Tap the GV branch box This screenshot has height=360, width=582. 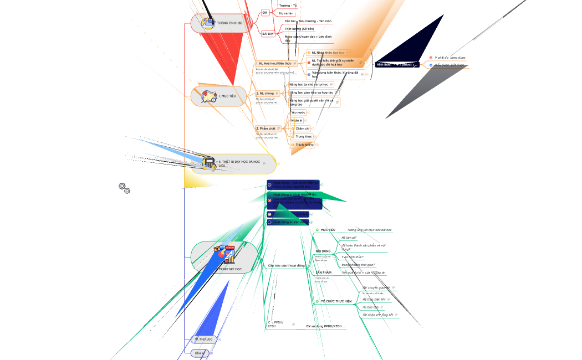264,12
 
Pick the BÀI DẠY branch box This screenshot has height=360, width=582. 268,34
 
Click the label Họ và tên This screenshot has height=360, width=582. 287,13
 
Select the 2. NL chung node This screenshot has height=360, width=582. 266,94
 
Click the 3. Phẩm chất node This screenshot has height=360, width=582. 266,128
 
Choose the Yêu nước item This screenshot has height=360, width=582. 298,112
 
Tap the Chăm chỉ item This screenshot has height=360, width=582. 303,128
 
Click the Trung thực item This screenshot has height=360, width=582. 304,136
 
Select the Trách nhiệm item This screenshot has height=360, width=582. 304,145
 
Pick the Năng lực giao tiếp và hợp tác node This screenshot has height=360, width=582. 312,92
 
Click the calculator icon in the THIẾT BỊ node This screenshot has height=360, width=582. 209,163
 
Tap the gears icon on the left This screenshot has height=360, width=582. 125,188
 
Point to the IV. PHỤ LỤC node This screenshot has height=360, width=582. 204,338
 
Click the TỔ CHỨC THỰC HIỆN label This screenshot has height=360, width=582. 336,301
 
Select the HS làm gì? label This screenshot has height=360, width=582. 349,238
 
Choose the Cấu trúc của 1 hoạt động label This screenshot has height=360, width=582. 286,265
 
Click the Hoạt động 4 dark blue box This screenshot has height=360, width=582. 288,222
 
